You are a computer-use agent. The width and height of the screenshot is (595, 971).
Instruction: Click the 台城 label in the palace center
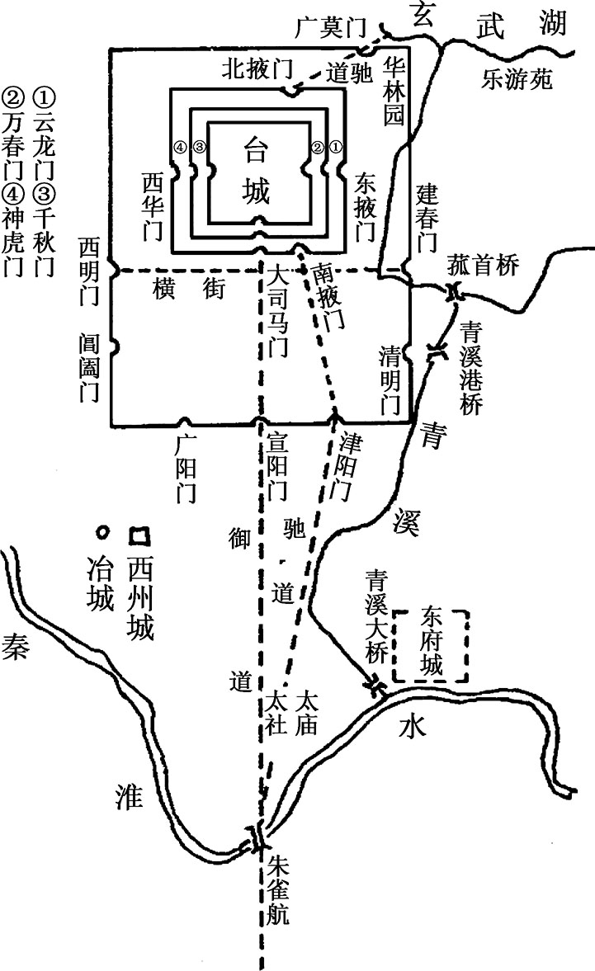(257, 170)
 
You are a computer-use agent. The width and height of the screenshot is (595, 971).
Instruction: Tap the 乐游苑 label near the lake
(517, 78)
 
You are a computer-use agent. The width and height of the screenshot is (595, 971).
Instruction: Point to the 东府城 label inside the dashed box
(432, 641)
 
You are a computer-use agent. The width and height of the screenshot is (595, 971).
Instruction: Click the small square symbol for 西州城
(139, 535)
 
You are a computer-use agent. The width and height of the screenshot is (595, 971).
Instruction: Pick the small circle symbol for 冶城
(102, 531)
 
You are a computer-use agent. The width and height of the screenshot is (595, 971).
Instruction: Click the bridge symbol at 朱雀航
(257, 838)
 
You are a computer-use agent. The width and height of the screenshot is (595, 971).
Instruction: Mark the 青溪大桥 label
(375, 617)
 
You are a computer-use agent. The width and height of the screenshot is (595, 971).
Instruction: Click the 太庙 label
(306, 714)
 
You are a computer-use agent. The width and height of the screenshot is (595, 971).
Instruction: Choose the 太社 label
(276, 714)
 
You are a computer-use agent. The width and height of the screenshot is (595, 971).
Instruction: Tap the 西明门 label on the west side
(89, 271)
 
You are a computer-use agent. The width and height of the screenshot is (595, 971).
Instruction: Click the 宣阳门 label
(277, 466)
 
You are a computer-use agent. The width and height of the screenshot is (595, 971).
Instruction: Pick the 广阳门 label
(185, 469)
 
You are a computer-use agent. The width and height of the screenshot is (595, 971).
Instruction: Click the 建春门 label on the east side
(427, 217)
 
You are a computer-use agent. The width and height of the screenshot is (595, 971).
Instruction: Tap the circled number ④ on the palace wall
(180, 148)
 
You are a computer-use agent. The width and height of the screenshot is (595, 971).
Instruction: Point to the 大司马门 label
(278, 312)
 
